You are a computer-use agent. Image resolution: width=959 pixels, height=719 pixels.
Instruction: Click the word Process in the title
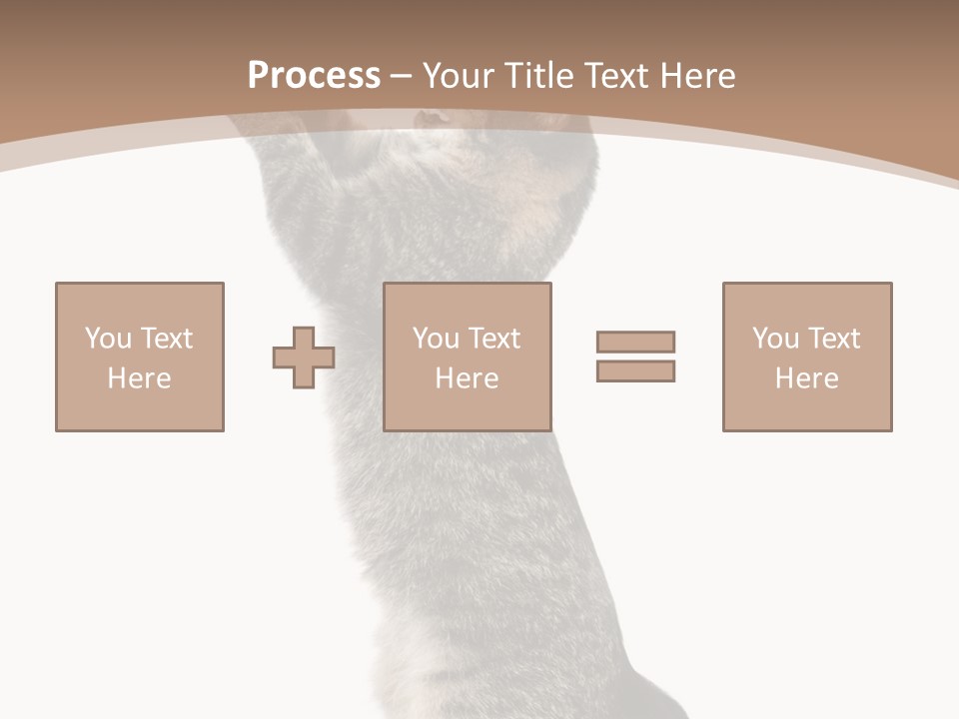(x=314, y=75)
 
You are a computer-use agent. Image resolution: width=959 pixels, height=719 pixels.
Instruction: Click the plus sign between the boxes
(x=304, y=357)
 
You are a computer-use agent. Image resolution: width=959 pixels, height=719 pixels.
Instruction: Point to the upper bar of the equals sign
(x=635, y=342)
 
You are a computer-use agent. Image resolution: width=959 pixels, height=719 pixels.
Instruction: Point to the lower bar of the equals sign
(x=635, y=370)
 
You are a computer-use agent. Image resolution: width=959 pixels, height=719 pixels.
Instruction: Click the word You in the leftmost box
(x=108, y=338)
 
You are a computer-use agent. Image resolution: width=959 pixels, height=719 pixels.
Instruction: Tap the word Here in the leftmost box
(x=139, y=377)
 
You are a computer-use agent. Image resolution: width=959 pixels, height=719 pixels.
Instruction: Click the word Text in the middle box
(x=493, y=338)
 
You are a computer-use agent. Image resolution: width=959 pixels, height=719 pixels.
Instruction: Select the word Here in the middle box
(x=467, y=377)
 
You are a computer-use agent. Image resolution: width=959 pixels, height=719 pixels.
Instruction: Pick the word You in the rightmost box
(x=775, y=338)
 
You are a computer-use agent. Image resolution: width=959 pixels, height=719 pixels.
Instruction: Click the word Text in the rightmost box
(x=833, y=338)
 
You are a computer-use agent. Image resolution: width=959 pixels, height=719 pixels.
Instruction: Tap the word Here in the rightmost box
(x=806, y=377)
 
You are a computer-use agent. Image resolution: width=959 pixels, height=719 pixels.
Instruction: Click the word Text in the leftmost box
(x=166, y=338)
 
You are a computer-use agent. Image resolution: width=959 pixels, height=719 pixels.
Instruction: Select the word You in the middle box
(x=436, y=338)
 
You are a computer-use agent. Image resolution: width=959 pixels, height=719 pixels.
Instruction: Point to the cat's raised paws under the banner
(x=430, y=122)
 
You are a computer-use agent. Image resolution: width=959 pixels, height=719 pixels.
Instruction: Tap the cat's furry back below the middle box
(x=470, y=539)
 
